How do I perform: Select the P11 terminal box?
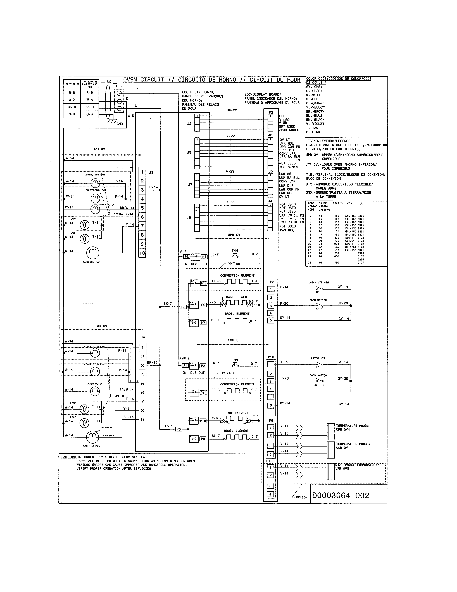click(204, 283)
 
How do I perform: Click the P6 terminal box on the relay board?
click(178, 429)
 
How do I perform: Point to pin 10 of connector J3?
click(142, 253)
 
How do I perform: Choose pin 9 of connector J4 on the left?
click(142, 420)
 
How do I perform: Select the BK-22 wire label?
click(232, 110)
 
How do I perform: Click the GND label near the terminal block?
click(120, 124)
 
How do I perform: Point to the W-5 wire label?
click(131, 116)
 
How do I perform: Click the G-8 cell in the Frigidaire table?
click(72, 114)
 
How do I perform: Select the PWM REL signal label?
click(287, 230)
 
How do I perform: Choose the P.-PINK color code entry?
click(313, 132)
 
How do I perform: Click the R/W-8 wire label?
click(184, 359)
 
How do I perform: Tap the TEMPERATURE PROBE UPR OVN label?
click(352, 427)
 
